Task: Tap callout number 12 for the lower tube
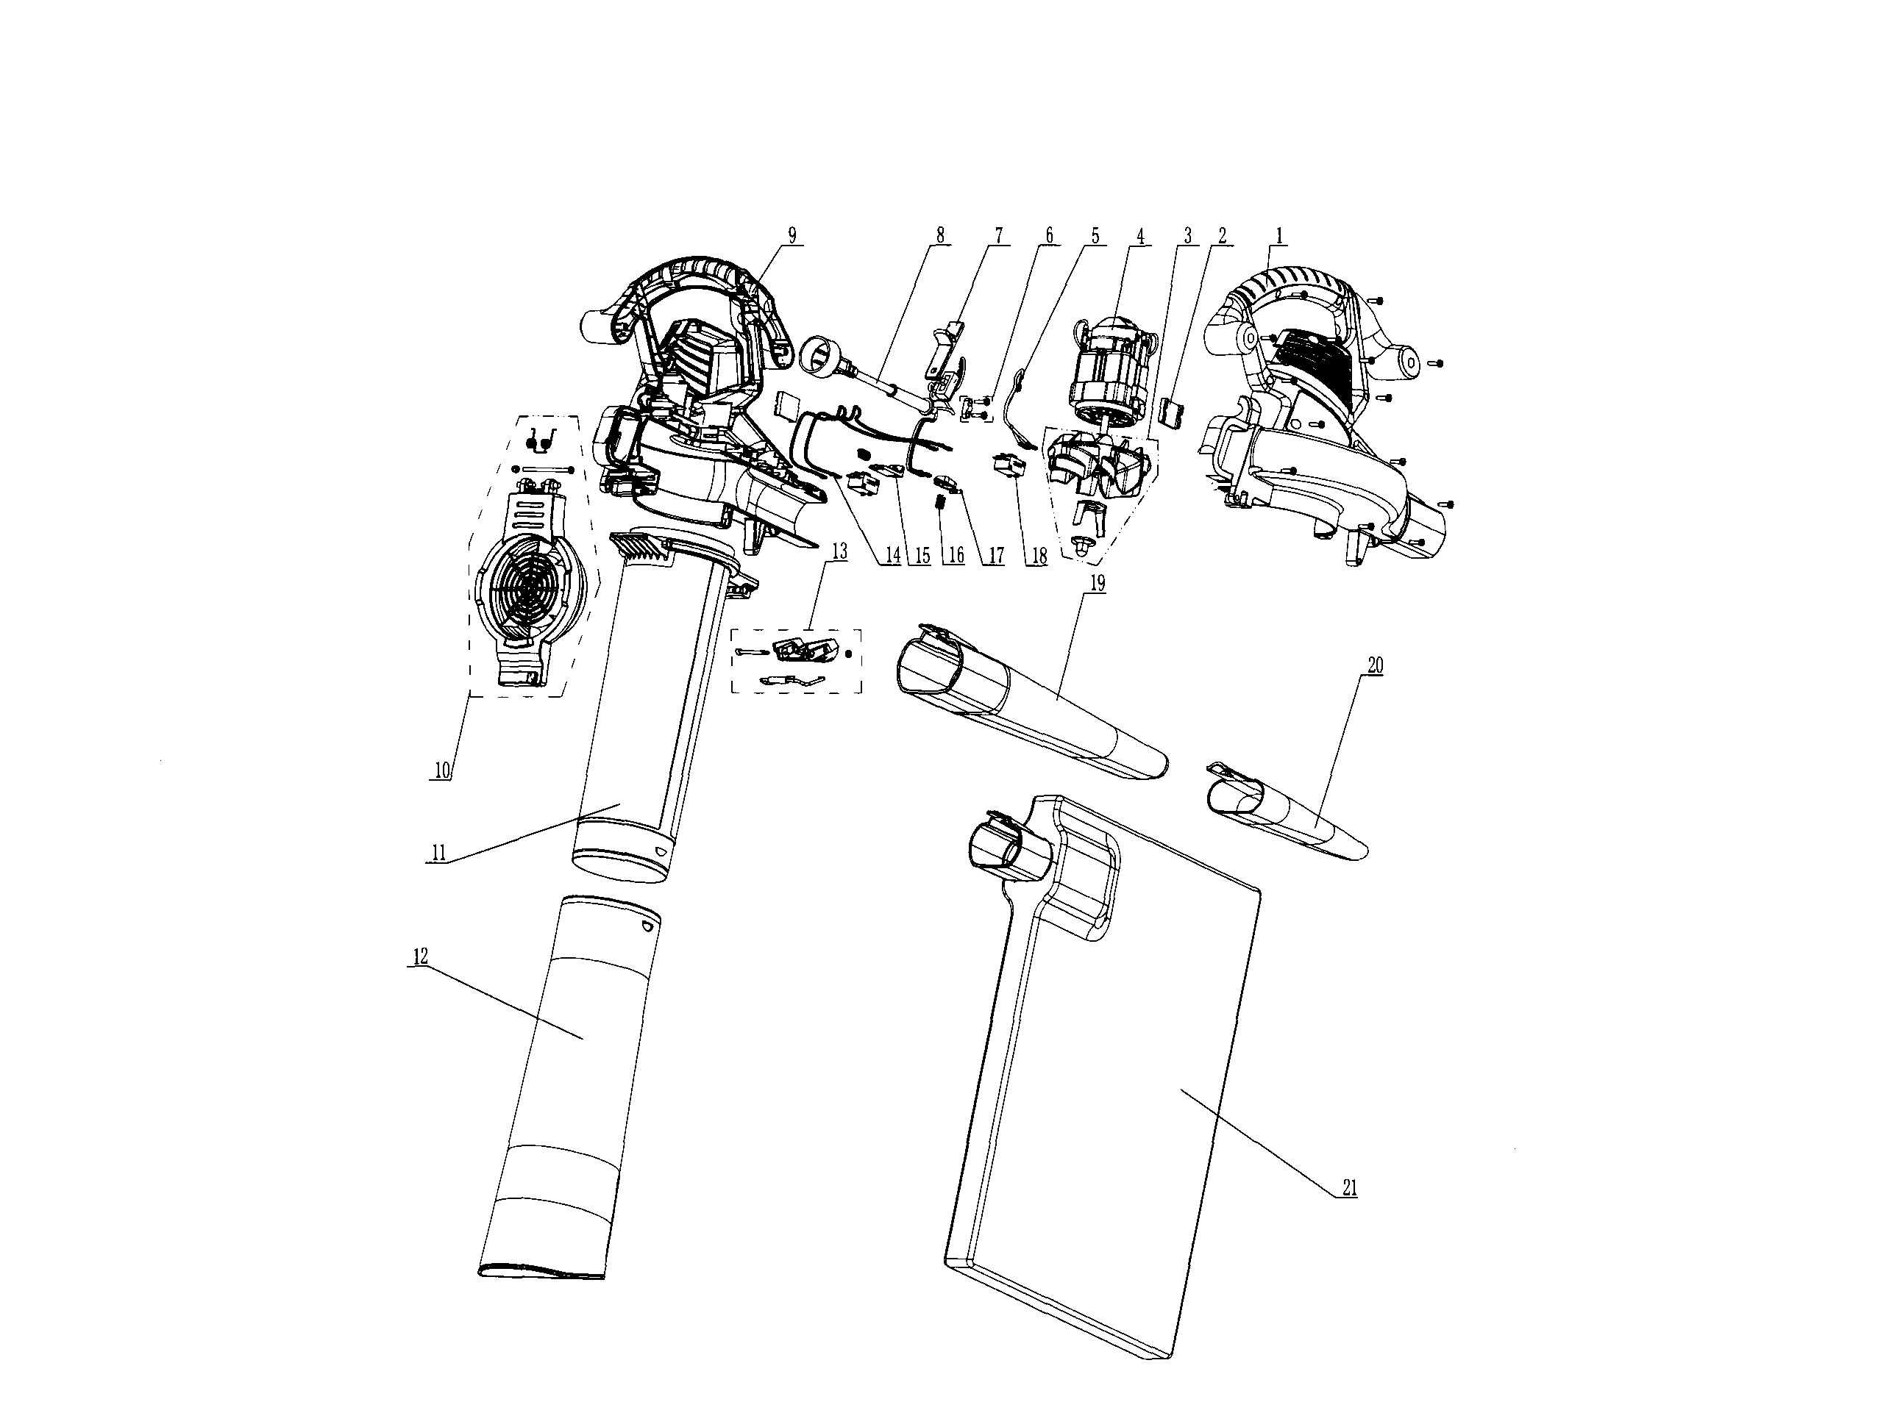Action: [419, 956]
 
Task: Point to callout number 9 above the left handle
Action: [792, 235]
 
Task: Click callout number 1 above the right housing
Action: [1278, 235]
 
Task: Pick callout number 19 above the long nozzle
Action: [1097, 584]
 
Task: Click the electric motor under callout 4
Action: [1112, 373]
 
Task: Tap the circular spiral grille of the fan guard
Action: [528, 584]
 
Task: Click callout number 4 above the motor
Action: [1139, 235]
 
